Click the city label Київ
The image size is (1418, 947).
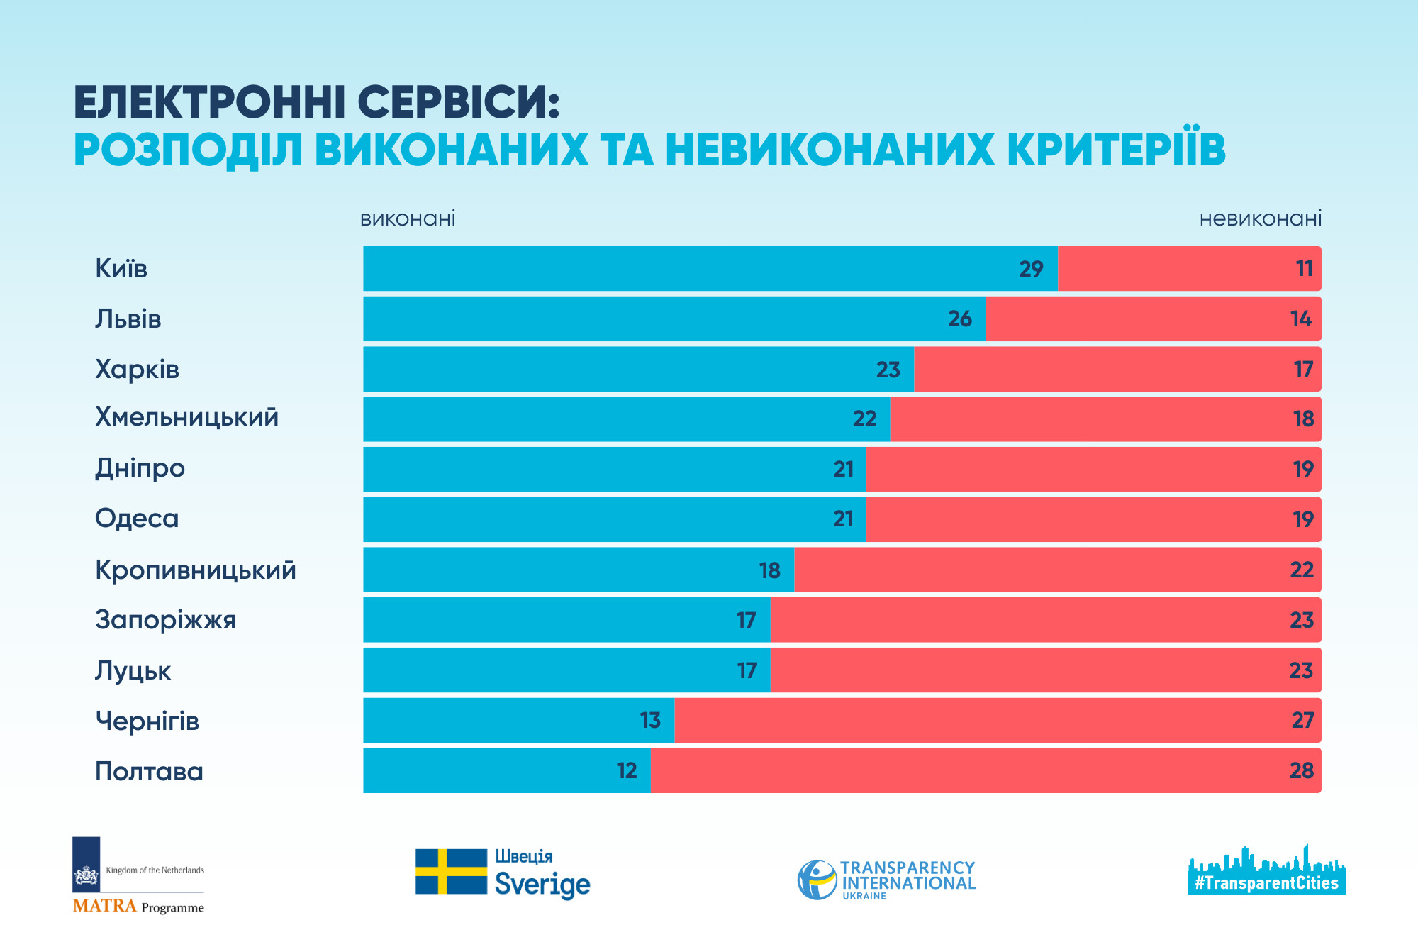(121, 269)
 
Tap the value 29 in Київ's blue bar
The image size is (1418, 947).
(1031, 269)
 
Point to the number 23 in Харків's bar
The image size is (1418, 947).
(888, 370)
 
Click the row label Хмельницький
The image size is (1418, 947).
(186, 418)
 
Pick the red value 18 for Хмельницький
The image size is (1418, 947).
(1303, 419)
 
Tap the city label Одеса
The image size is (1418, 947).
(137, 519)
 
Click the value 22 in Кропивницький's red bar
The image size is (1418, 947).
(1302, 570)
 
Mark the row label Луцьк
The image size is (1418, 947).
(133, 671)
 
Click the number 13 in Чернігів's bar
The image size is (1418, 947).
(649, 721)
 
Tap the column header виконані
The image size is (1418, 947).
(408, 218)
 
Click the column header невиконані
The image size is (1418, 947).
(1260, 218)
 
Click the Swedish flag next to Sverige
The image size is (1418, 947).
(451, 872)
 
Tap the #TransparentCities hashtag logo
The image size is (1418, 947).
(1266, 883)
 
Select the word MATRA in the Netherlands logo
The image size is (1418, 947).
(104, 906)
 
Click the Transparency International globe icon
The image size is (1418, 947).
(817, 880)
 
